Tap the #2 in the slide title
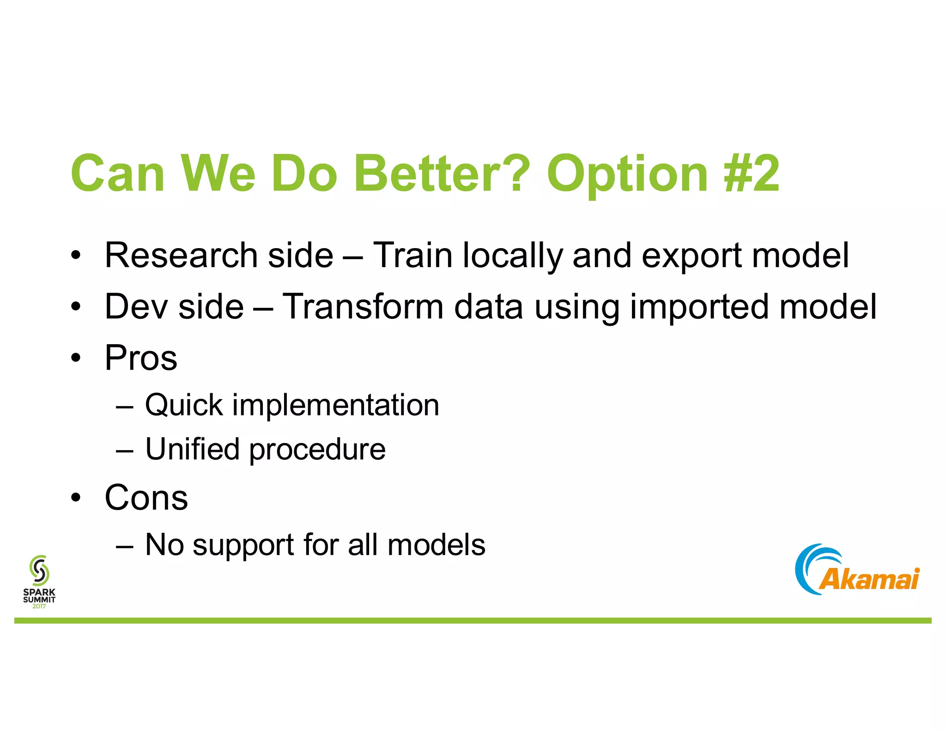coord(752,174)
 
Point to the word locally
coord(513,256)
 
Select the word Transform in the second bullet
coord(363,306)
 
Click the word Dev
coord(136,306)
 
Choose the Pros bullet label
coord(141,358)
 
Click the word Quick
coord(184,405)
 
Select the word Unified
coord(192,449)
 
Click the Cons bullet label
coord(146,498)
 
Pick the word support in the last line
coord(243,546)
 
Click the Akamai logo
coord(857,570)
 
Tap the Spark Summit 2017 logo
coord(39,582)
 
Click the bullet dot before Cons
coord(76,498)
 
